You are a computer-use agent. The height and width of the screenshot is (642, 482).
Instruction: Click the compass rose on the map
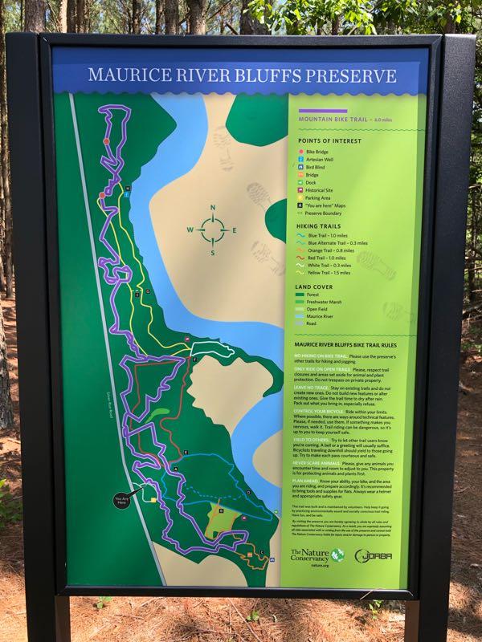point(213,230)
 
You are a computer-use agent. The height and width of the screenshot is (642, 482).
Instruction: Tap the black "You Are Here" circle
point(122,499)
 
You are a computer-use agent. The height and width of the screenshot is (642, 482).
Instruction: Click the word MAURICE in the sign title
point(123,76)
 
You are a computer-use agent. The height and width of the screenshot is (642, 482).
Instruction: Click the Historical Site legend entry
point(324,190)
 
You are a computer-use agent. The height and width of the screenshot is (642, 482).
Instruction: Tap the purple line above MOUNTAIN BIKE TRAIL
point(322,112)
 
